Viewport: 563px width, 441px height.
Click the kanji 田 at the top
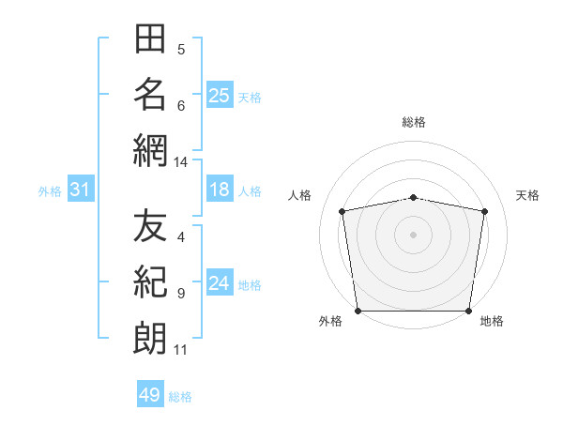click(150, 38)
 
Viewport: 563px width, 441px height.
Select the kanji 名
click(150, 94)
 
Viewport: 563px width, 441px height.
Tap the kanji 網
click(150, 151)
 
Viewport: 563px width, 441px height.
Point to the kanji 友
click(150, 225)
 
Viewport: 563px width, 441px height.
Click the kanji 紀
click(150, 281)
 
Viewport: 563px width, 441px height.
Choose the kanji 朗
click(150, 339)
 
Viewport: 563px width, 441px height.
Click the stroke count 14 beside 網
click(180, 162)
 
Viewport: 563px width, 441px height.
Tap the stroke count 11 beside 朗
click(180, 350)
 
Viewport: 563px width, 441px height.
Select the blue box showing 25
click(220, 95)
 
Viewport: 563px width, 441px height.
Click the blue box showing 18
click(220, 189)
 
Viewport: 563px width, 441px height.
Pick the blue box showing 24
click(220, 281)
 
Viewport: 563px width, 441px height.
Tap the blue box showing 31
click(81, 189)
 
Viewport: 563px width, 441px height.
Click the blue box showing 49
click(150, 393)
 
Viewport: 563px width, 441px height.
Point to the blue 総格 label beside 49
click(180, 397)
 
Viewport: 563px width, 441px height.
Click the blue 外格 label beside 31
click(50, 191)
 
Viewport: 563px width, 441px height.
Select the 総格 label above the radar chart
click(414, 122)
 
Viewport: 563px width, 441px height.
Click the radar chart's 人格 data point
click(342, 211)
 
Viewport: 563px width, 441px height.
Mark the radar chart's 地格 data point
click(468, 311)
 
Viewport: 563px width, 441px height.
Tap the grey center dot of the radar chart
click(413, 235)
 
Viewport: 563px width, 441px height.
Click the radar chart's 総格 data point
click(413, 198)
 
